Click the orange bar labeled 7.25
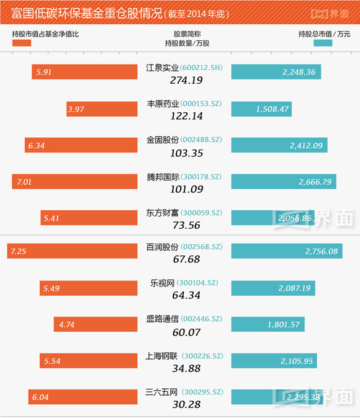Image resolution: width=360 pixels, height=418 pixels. (x=71, y=251)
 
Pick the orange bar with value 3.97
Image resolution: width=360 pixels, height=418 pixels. (x=102, y=109)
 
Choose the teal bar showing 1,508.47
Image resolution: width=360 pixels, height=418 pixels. (x=261, y=109)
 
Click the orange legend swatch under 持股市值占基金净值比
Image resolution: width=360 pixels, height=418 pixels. (x=21, y=42)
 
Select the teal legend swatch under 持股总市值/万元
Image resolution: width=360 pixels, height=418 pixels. (x=323, y=42)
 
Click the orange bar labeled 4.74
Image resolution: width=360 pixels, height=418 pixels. (x=96, y=324)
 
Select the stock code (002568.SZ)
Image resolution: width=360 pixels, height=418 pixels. (x=201, y=246)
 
